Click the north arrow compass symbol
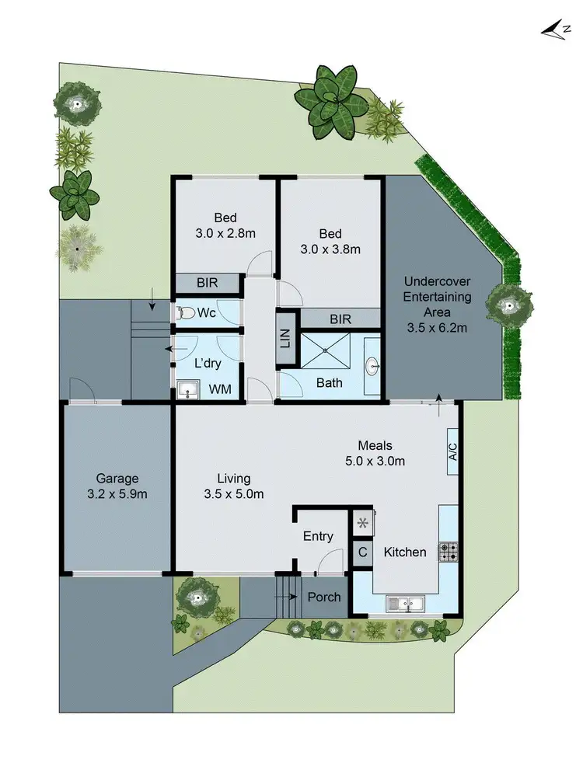click(x=554, y=29)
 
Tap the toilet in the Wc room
click(x=184, y=313)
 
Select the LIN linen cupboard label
click(x=285, y=338)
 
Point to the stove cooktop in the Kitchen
click(x=449, y=552)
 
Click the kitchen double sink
click(x=403, y=602)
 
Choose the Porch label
click(x=324, y=597)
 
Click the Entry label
click(x=318, y=536)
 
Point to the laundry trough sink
click(x=187, y=389)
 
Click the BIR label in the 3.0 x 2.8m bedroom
click(x=207, y=284)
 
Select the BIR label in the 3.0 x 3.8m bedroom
click(x=340, y=319)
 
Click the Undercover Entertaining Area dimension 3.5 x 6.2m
click(x=438, y=328)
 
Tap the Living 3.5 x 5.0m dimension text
click(x=234, y=494)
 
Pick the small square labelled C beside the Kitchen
click(x=362, y=553)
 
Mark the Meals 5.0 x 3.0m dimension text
click(x=375, y=461)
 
